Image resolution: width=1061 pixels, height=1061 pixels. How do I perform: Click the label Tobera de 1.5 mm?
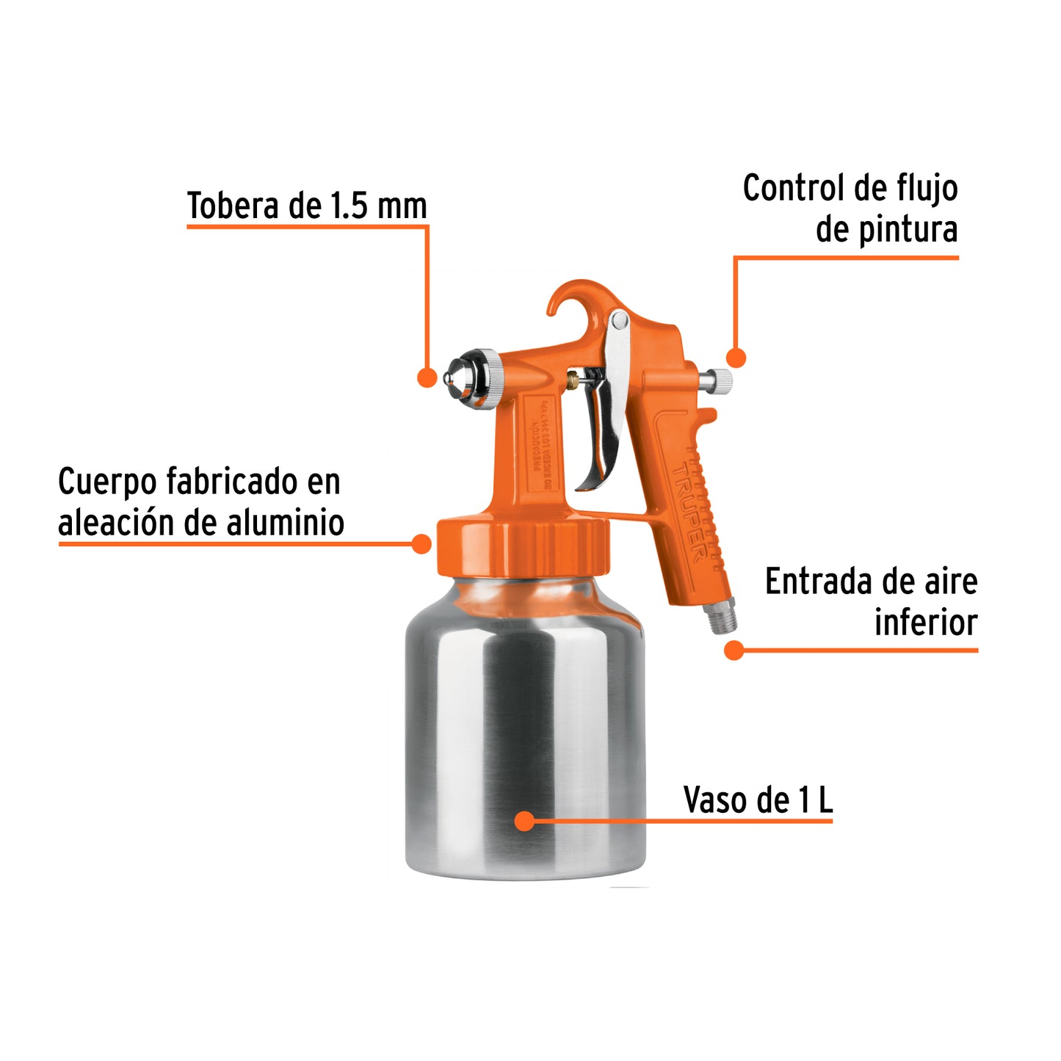pyautogui.click(x=307, y=206)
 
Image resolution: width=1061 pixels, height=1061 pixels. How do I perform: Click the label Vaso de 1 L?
pyautogui.click(x=758, y=800)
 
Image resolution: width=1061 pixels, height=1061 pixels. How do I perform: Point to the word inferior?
pyautogui.click(x=925, y=623)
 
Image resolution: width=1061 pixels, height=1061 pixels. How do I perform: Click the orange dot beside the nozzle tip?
pyautogui.click(x=427, y=377)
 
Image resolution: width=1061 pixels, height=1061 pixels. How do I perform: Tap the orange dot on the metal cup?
pyautogui.click(x=524, y=821)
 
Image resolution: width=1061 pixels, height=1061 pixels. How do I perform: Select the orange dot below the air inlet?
pyautogui.click(x=734, y=650)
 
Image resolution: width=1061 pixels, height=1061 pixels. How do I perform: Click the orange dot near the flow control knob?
pyautogui.click(x=736, y=358)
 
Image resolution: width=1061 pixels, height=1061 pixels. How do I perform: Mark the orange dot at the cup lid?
pyautogui.click(x=421, y=544)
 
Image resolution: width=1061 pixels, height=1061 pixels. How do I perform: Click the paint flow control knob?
pyautogui.click(x=717, y=380)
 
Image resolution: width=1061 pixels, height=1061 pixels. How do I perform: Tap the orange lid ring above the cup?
pyautogui.click(x=523, y=547)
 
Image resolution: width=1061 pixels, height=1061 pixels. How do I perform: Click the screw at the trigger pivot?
pyautogui.click(x=619, y=319)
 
